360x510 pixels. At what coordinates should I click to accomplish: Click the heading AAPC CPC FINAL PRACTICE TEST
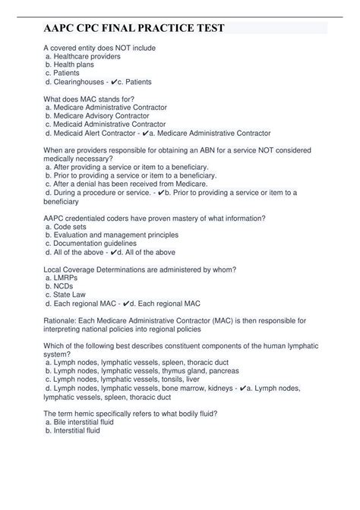point(135,29)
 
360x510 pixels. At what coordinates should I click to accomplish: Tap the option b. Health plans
point(76,65)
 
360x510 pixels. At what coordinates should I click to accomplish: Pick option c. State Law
point(73,294)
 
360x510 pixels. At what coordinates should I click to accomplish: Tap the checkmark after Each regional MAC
point(127,303)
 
